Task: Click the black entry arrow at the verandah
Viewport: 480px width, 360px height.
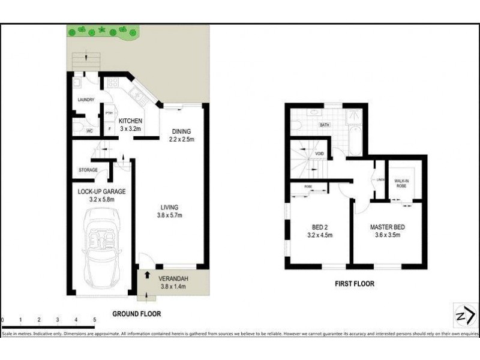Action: click(148, 275)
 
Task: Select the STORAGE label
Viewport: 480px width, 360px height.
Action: click(88, 170)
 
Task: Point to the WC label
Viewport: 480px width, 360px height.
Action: click(89, 131)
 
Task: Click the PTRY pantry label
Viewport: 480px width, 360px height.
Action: click(109, 113)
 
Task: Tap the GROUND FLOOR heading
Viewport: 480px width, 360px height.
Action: click(136, 314)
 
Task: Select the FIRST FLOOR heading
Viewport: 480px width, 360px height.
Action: click(355, 284)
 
